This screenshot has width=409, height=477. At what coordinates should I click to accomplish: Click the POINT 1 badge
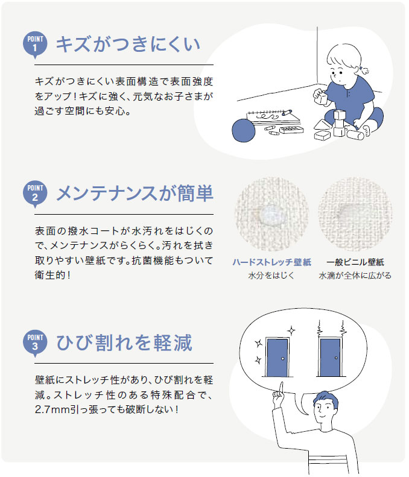(x=35, y=45)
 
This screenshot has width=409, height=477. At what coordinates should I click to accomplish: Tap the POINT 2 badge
(x=35, y=194)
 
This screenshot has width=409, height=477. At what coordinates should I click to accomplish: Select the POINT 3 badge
(x=35, y=343)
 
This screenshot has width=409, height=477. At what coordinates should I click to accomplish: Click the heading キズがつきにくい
(x=128, y=45)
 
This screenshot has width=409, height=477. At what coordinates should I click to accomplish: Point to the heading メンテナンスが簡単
(x=135, y=194)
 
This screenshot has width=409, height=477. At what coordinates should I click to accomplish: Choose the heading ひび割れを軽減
(x=124, y=343)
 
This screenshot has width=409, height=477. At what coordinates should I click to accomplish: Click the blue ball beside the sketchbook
(x=244, y=130)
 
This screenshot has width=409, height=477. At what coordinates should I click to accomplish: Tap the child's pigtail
(x=363, y=70)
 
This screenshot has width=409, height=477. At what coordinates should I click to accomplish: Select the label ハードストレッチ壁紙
(x=271, y=262)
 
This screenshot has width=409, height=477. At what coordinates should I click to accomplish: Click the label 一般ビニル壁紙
(x=355, y=262)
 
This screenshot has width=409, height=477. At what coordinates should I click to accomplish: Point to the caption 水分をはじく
(x=271, y=276)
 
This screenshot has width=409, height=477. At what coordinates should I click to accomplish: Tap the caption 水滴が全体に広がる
(x=355, y=276)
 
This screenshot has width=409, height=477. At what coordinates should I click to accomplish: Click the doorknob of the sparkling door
(x=283, y=359)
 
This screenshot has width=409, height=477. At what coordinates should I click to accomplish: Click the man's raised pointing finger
(x=281, y=387)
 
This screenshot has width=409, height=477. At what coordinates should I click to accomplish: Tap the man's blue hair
(x=326, y=398)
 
